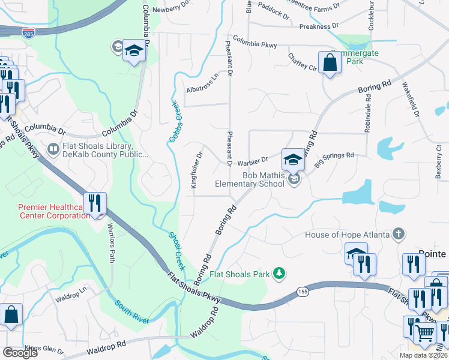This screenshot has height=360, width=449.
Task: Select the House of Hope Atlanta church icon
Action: [x=397, y=233]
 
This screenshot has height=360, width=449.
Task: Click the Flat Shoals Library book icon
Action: [x=53, y=148]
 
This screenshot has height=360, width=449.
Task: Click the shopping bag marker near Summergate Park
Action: [x=330, y=62]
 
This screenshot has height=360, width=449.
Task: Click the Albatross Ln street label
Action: [x=200, y=89]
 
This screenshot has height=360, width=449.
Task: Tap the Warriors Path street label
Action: [x=110, y=243]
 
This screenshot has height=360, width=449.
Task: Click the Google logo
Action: [x=20, y=353]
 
